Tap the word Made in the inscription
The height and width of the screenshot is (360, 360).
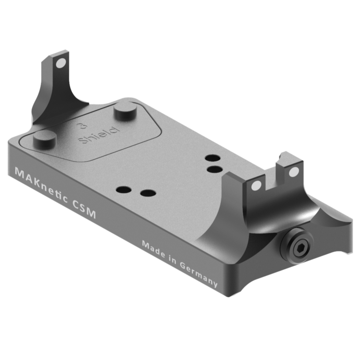coord(153,248)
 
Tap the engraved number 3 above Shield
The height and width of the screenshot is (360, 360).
coord(82,126)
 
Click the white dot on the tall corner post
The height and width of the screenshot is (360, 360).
coord(61,63)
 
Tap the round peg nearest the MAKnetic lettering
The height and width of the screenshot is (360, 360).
coord(44,140)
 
